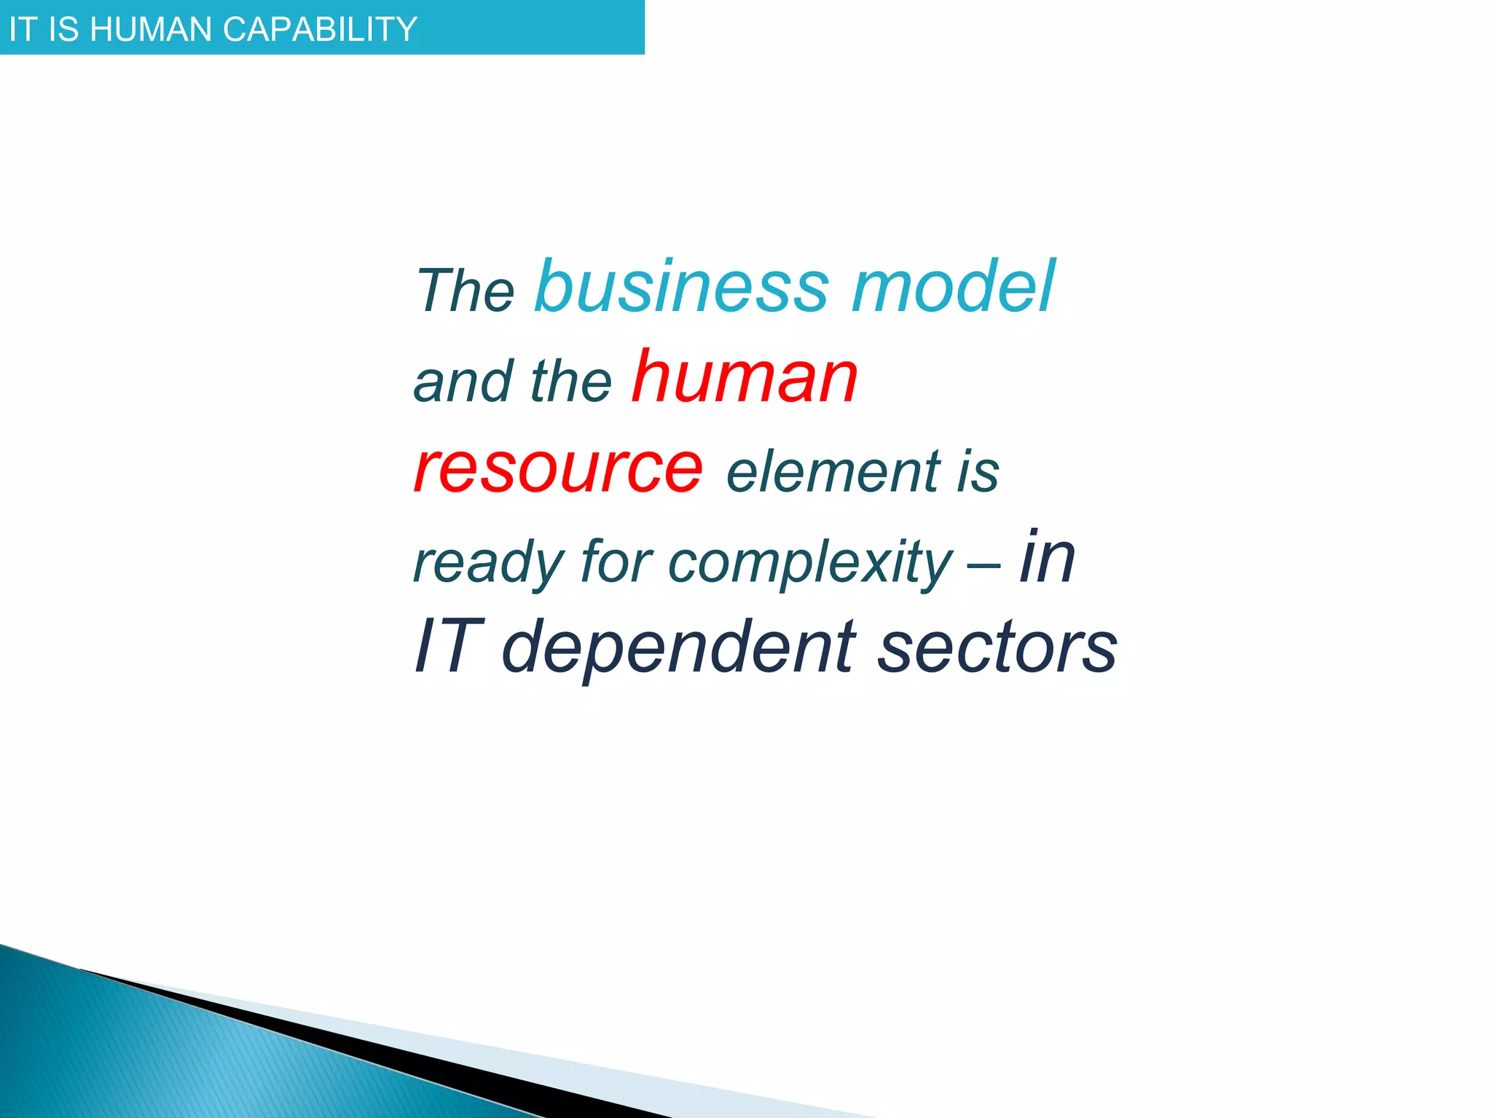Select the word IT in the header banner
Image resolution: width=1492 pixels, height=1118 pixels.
22,29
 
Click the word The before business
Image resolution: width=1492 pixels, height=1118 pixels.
465,290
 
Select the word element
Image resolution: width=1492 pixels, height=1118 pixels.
833,471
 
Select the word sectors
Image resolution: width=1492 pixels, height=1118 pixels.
997,647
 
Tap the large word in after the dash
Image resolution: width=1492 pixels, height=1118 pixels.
1047,556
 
